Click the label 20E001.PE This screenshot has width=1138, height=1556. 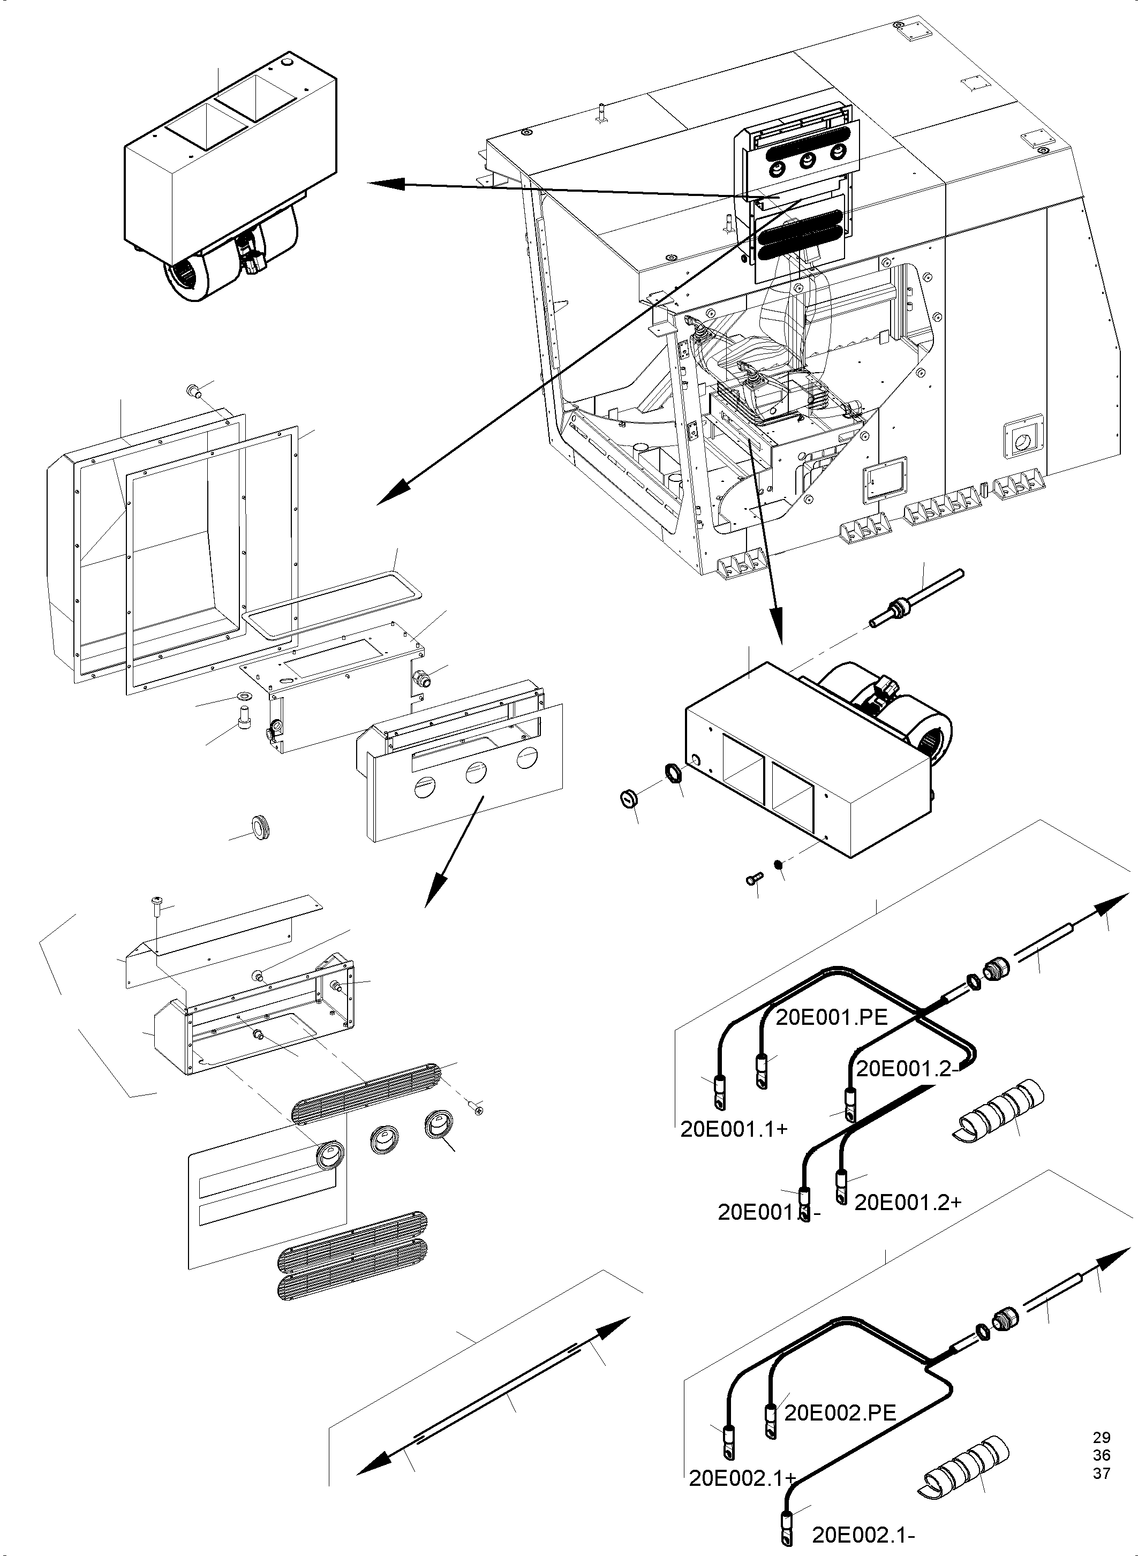click(x=832, y=1017)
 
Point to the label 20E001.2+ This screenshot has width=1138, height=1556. click(x=907, y=1202)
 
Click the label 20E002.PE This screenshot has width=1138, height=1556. click(x=840, y=1413)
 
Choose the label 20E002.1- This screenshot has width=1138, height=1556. click(x=864, y=1535)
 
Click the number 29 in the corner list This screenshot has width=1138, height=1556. click(x=1102, y=1438)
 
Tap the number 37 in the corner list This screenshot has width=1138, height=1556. click(x=1102, y=1474)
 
